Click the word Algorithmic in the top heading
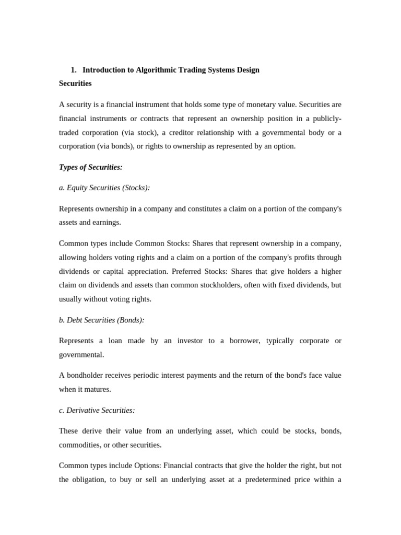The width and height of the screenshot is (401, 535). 155,69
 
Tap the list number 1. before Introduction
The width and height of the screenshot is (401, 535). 74,69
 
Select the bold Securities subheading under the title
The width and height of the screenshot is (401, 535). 75,83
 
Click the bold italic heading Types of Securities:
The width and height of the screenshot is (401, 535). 91,167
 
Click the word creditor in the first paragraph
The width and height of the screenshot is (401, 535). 184,132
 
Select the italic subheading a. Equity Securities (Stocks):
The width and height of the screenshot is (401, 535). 104,188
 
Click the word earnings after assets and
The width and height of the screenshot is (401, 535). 107,222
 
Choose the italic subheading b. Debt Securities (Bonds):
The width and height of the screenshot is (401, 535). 102,320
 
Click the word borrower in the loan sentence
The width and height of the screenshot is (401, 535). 242,341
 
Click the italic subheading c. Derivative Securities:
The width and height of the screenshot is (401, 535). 97,410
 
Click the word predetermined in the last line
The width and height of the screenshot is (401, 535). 265,480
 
